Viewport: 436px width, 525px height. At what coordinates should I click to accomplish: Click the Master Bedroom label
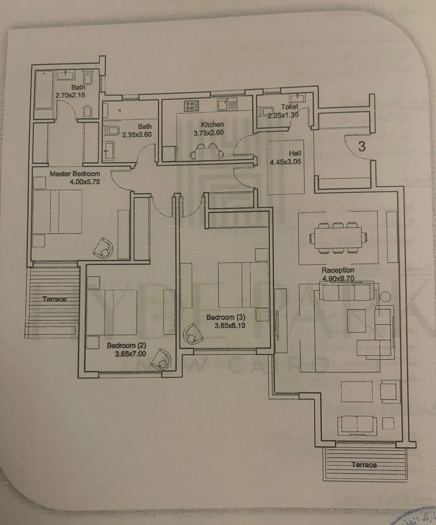(75, 174)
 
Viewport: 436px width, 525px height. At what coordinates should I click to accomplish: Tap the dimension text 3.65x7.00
(131, 354)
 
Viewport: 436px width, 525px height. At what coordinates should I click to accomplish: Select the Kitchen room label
(212, 125)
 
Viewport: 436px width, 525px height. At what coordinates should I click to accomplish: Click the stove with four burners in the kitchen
(192, 106)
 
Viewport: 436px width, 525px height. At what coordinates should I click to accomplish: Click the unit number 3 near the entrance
(362, 146)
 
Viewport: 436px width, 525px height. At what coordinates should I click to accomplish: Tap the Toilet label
(290, 107)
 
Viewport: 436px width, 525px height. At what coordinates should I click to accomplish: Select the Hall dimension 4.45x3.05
(285, 162)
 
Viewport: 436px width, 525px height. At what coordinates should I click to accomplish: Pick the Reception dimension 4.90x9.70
(338, 279)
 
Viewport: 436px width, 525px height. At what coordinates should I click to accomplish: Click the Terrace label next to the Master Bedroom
(54, 299)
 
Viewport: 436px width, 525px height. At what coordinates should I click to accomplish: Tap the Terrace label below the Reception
(364, 465)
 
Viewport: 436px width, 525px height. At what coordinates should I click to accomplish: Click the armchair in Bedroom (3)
(193, 334)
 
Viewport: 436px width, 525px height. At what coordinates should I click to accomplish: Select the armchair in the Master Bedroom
(104, 248)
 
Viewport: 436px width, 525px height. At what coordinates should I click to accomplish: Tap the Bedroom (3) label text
(226, 318)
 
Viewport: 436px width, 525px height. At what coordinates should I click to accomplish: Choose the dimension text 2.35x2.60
(137, 135)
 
